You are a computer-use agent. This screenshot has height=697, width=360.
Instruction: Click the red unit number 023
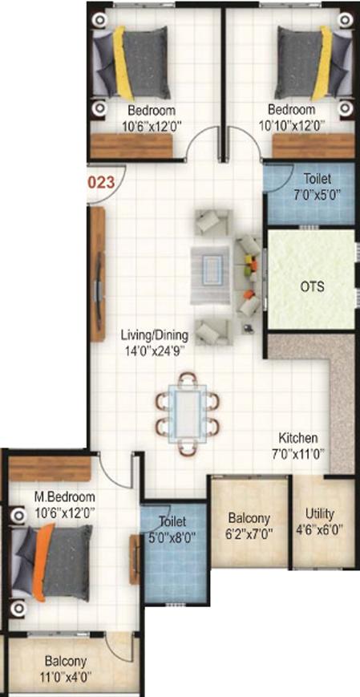[102, 183]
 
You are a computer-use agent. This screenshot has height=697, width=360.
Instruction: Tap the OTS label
[313, 286]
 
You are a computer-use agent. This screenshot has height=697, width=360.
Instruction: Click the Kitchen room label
[298, 438]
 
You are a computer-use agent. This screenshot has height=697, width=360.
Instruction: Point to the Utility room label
[320, 514]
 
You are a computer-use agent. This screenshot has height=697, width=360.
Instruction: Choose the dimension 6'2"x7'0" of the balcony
[249, 533]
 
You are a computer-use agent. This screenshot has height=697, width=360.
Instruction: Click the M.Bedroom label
[65, 496]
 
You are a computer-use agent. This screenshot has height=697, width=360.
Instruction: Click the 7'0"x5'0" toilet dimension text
[318, 195]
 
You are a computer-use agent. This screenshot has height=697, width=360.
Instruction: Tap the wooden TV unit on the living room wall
[98, 274]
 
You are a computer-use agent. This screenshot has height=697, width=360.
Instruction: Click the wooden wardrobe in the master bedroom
[50, 469]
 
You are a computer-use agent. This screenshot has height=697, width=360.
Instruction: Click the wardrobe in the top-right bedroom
[313, 146]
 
